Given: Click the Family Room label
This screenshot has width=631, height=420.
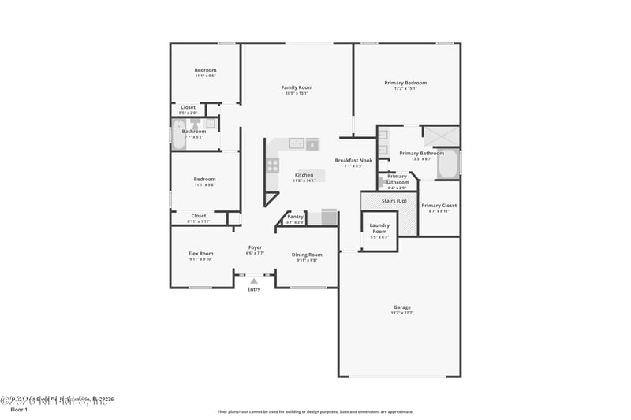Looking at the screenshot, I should click(297, 87).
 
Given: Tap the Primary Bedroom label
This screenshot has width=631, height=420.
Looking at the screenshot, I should click(405, 83).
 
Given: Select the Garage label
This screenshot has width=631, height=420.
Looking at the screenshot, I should click(402, 307).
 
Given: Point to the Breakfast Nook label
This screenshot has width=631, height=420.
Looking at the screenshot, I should click(353, 160).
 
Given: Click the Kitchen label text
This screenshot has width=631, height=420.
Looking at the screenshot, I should click(304, 175).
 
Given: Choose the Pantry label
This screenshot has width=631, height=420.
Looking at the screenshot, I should click(295, 216).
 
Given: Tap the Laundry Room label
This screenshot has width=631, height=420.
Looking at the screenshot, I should click(379, 229).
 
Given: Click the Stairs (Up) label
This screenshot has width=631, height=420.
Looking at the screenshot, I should click(394, 202).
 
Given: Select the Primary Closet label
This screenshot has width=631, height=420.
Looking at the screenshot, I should click(439, 206).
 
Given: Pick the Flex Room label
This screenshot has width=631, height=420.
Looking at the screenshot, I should click(200, 254).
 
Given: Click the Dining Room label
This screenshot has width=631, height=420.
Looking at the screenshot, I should click(307, 255).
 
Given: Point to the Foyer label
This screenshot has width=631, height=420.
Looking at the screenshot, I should click(255, 247).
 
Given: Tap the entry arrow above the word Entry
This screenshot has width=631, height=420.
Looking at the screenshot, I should click(254, 280).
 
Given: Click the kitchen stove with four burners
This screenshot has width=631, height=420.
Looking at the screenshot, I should click(272, 165).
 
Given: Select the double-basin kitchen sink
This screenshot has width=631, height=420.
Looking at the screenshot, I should click(297, 143).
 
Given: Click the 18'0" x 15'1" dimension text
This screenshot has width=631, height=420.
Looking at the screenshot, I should click(297, 94).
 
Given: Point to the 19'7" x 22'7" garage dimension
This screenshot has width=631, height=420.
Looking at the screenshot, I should click(402, 313).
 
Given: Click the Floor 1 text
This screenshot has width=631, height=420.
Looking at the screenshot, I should click(18, 410).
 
